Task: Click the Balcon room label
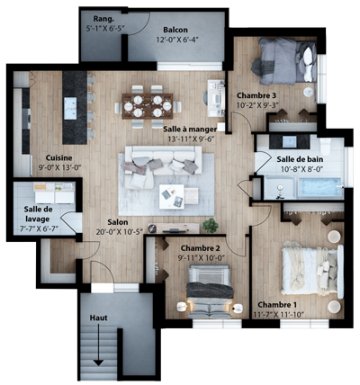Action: click(175, 30)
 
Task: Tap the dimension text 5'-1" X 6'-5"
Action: click(105, 28)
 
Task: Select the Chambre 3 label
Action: click(256, 95)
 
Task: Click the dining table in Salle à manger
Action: click(148, 106)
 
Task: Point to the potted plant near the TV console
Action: click(210, 225)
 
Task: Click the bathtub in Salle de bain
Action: click(320, 188)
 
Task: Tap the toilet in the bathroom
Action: click(326, 145)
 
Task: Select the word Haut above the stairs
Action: click(98, 318)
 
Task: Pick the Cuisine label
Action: click(58, 157)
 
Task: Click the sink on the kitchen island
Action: click(70, 108)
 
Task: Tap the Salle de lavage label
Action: click(37, 214)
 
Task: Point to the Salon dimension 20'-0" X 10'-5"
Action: click(120, 232)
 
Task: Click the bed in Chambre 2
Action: click(210, 291)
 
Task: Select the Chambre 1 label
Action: click(277, 305)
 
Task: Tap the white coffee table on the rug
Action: click(172, 196)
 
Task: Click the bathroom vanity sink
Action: click(290, 141)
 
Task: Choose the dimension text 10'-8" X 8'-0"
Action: click(301, 169)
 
